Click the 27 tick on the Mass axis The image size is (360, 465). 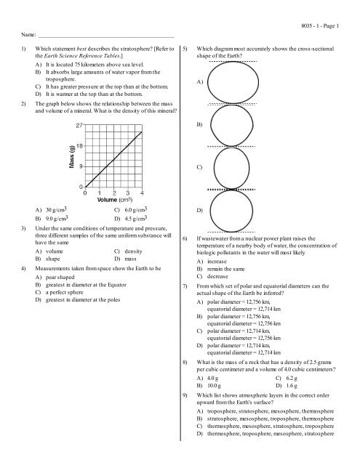pyautogui.click(x=79, y=126)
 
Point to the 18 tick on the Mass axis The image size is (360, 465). pyautogui.click(x=79, y=146)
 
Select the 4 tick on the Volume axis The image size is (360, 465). pyautogui.click(x=142, y=193)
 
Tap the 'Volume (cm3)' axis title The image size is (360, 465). pyautogui.click(x=112, y=202)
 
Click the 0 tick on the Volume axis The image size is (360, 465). pyautogui.click(x=86, y=193)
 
